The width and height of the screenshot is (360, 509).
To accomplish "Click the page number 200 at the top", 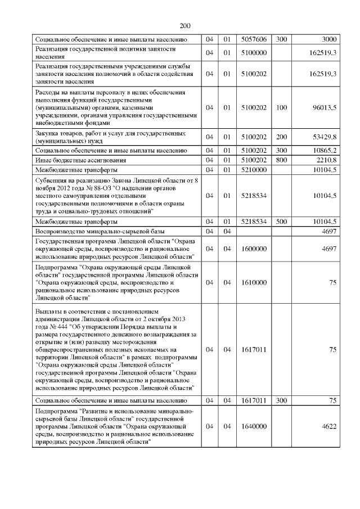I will [x=186, y=25].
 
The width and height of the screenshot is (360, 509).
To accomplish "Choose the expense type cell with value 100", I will [x=281, y=106].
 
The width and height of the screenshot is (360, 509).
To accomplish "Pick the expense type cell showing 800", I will [x=281, y=160].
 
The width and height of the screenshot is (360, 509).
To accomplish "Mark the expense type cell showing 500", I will [x=281, y=222].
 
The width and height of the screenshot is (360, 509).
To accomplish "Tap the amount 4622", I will [x=328, y=427].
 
